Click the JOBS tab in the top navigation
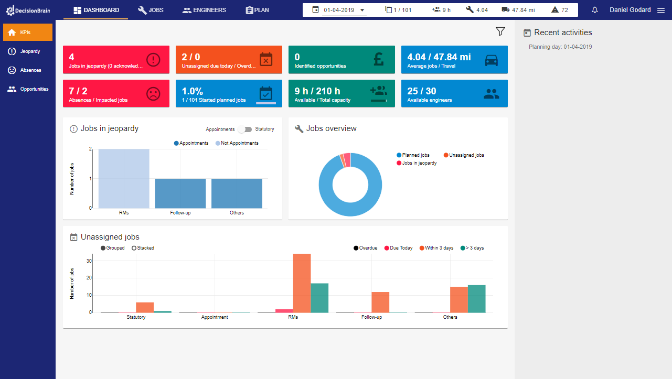pos(151,10)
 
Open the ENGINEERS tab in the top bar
pos(204,10)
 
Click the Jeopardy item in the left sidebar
pos(30,51)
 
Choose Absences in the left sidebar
pos(30,70)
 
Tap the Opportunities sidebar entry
pos(34,89)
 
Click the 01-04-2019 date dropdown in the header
pos(344,10)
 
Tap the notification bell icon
pos(595,10)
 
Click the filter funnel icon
pos(500,32)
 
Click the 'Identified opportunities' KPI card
pos(342,60)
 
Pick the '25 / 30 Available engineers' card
pos(454,93)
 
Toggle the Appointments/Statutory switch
pos(244,129)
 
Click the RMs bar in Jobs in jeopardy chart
pos(124,178)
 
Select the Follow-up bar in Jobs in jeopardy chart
pos(180,193)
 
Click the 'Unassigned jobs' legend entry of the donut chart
pos(464,155)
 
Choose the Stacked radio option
pos(134,248)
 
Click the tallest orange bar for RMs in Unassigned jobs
pos(302,283)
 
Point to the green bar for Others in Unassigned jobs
pos(476,299)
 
